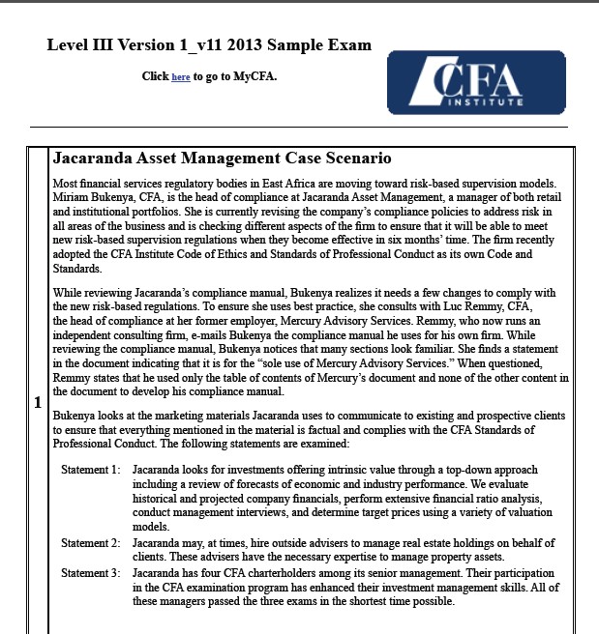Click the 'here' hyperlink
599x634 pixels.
[x=181, y=76]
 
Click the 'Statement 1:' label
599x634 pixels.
[x=91, y=470]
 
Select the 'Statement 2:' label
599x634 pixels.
[x=91, y=543]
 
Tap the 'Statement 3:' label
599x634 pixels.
[x=91, y=573]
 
